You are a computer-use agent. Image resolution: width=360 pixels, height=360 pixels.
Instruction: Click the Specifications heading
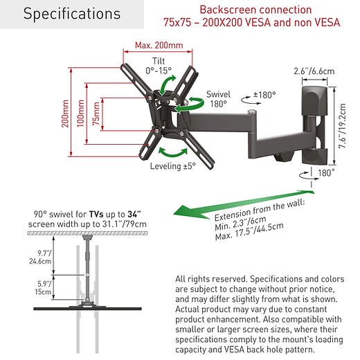(72, 14)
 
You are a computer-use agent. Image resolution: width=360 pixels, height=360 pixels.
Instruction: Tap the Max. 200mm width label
(159, 45)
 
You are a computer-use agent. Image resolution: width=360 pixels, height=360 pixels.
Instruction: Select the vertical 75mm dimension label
(96, 114)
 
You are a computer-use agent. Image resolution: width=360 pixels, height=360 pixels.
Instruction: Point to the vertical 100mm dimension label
(80, 114)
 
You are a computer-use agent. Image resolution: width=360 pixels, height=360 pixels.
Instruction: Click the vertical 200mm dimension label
(65, 114)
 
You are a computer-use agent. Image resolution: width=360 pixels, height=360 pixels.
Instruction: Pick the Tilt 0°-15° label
(159, 66)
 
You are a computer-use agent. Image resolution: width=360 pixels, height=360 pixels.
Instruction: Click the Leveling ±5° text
(173, 166)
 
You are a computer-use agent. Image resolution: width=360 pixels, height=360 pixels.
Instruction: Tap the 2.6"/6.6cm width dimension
(314, 71)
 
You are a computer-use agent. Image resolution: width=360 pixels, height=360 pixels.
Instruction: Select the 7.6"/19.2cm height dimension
(342, 126)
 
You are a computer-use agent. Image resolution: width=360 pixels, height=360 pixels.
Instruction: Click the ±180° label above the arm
(264, 95)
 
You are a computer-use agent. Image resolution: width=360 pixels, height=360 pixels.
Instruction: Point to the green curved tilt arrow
(167, 85)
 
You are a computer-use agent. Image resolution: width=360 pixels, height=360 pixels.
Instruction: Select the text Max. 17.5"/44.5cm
(249, 231)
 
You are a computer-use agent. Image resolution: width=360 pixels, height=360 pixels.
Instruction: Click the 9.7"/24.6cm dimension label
(40, 257)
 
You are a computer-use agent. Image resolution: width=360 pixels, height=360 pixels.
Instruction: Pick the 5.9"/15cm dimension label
(43, 287)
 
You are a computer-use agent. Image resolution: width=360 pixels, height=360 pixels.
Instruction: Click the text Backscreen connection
(255, 10)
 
